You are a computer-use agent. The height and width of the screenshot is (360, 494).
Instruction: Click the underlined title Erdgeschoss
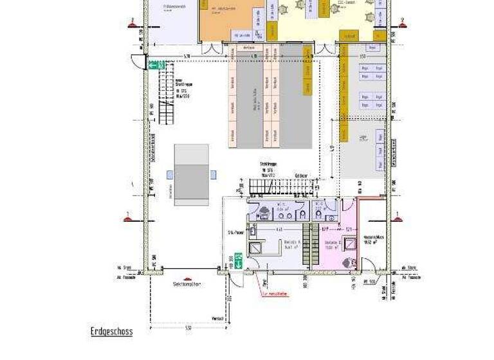[x=111, y=332]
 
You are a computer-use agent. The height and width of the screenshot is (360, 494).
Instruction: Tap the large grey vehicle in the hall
[x=192, y=174]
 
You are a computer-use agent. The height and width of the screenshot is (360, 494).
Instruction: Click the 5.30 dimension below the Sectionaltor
[x=188, y=328]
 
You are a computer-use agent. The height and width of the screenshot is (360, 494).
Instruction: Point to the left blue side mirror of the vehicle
[x=170, y=174]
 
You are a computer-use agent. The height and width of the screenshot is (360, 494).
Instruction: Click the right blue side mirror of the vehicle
[x=213, y=174]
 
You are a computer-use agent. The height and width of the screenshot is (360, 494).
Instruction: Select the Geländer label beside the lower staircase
[x=301, y=175]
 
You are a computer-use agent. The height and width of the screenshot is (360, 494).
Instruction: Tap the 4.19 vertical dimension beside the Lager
[x=332, y=148]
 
